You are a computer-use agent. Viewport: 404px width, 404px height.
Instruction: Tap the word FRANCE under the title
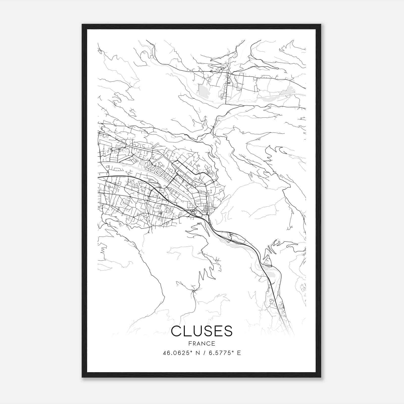[202, 343]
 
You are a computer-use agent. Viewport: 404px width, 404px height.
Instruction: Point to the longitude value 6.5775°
[219, 353]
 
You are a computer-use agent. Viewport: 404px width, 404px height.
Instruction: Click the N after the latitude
[198, 353]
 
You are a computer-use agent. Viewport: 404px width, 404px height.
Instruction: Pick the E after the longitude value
[239, 353]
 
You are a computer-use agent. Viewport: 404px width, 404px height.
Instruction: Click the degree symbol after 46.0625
[191, 351]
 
